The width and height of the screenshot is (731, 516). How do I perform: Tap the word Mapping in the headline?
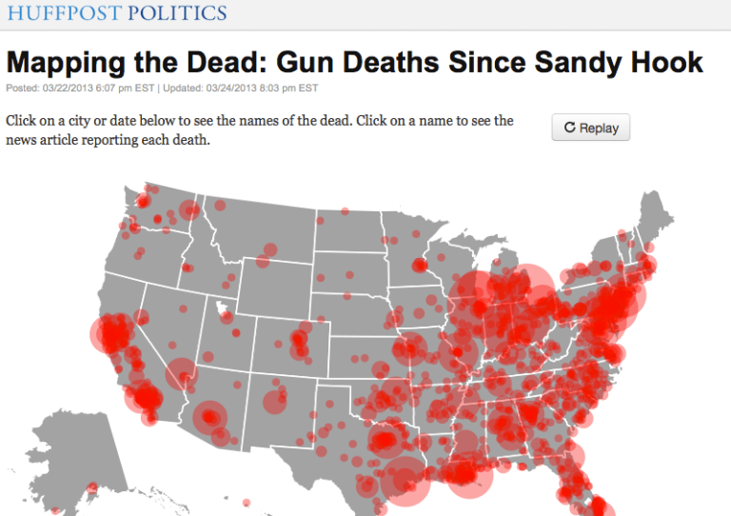click(66, 64)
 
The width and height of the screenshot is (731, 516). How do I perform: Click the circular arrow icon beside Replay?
click(569, 128)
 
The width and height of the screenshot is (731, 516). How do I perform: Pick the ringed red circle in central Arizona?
click(209, 417)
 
